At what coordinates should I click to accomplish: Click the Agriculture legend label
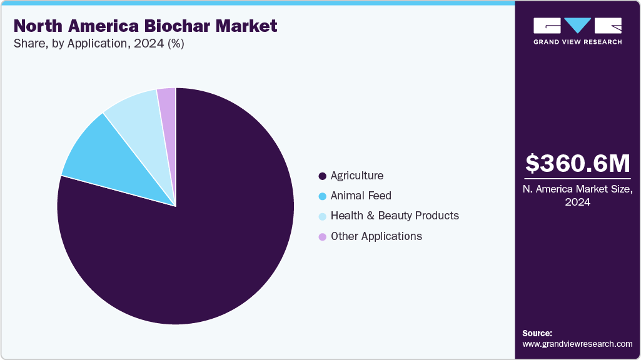356,176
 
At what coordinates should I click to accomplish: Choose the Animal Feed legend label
361,196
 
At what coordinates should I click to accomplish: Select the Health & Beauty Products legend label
395,216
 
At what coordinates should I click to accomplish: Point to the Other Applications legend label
376,236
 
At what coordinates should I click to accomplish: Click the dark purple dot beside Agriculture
322,176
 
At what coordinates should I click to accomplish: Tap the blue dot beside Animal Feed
322,196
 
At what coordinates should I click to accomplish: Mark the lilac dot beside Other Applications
322,237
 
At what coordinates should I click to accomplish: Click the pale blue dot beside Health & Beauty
322,216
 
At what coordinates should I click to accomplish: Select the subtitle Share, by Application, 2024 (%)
99,44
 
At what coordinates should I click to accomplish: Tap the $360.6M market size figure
577,163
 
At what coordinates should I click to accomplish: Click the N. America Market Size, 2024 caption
577,196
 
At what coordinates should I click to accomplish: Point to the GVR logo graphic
577,26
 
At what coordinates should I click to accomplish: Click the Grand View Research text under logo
577,42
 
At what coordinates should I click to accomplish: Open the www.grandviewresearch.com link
577,344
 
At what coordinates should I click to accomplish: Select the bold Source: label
537,333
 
